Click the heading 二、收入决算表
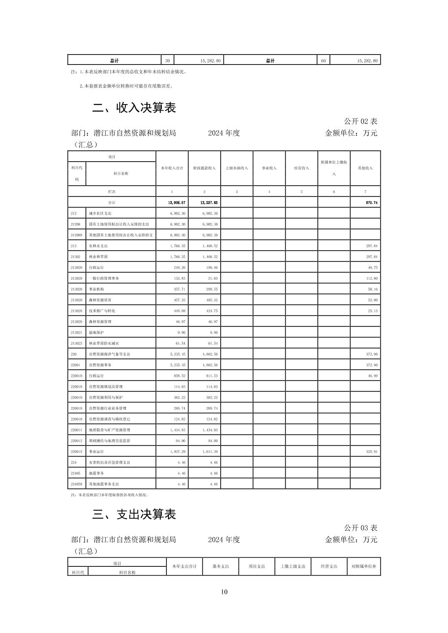134,108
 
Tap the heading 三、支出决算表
134,514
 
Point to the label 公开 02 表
360,121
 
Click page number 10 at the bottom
224,592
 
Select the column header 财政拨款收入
204,168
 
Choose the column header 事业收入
269,168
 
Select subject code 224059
76,484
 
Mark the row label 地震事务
96,473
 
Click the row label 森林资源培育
100,300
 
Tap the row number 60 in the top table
323,61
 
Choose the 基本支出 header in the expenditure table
221,566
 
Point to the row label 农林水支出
98,246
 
